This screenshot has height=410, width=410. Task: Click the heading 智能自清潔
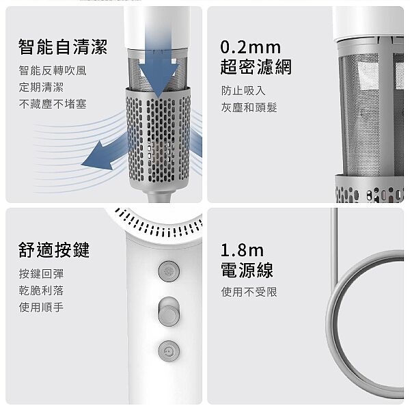click(63, 47)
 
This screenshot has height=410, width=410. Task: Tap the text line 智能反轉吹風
click(53, 70)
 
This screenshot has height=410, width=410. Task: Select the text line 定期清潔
click(41, 87)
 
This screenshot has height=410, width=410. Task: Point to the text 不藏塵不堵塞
click(53, 104)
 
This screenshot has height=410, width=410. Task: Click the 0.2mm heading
click(251, 47)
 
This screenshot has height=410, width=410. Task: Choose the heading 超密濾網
click(256, 67)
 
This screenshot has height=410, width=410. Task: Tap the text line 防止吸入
click(243, 91)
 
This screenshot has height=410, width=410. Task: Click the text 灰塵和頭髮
click(249, 107)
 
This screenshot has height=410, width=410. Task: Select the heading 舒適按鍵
click(54, 249)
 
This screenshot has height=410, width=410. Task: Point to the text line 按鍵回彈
click(41, 274)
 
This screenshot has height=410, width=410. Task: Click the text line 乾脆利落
click(41, 290)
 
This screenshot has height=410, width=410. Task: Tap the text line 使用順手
click(41, 307)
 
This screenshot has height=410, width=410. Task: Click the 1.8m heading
click(242, 250)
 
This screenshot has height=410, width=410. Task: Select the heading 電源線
click(247, 270)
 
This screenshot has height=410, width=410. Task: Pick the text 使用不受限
click(249, 292)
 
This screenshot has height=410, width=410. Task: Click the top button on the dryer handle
click(169, 271)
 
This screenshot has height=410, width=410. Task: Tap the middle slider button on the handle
click(169, 312)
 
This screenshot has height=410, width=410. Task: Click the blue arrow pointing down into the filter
click(159, 72)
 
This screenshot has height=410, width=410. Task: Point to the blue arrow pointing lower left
click(105, 154)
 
